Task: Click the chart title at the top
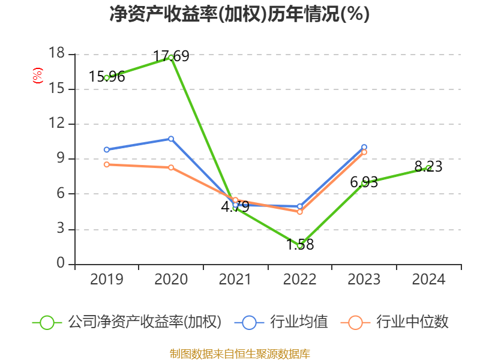coord(239,14)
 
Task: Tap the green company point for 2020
coord(171,58)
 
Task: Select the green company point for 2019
coord(107,77)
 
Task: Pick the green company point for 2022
coord(300,245)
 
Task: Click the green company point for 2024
coord(428,168)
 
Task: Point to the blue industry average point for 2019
coord(107,149)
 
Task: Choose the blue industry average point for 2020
coord(171,139)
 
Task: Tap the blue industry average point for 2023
coord(364,147)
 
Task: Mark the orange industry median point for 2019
coord(107,164)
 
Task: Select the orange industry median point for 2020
coord(171,167)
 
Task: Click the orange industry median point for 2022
coord(300,212)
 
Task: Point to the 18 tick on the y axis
coord(56,54)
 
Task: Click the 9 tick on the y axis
coord(61,159)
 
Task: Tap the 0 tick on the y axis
coord(61,264)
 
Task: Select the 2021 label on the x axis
coord(235,280)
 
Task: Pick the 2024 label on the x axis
coord(428,280)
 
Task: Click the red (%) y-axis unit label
coord(37,76)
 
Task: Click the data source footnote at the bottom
coord(239,353)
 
